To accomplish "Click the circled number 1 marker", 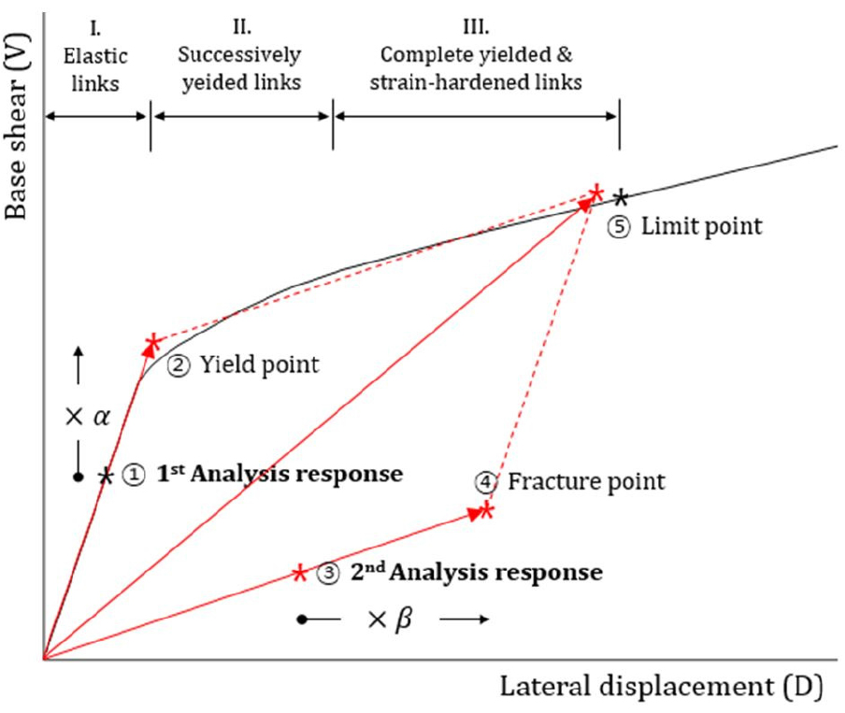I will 135,475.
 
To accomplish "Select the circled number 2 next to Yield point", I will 177,365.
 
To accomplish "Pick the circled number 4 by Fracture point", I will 487,482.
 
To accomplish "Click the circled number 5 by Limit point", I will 619,226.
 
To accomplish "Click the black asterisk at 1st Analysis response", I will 107,477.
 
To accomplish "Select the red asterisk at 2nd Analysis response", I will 299,573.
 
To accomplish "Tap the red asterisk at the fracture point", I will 485,510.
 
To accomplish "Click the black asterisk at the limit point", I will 620,197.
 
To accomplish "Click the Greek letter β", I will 403,620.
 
